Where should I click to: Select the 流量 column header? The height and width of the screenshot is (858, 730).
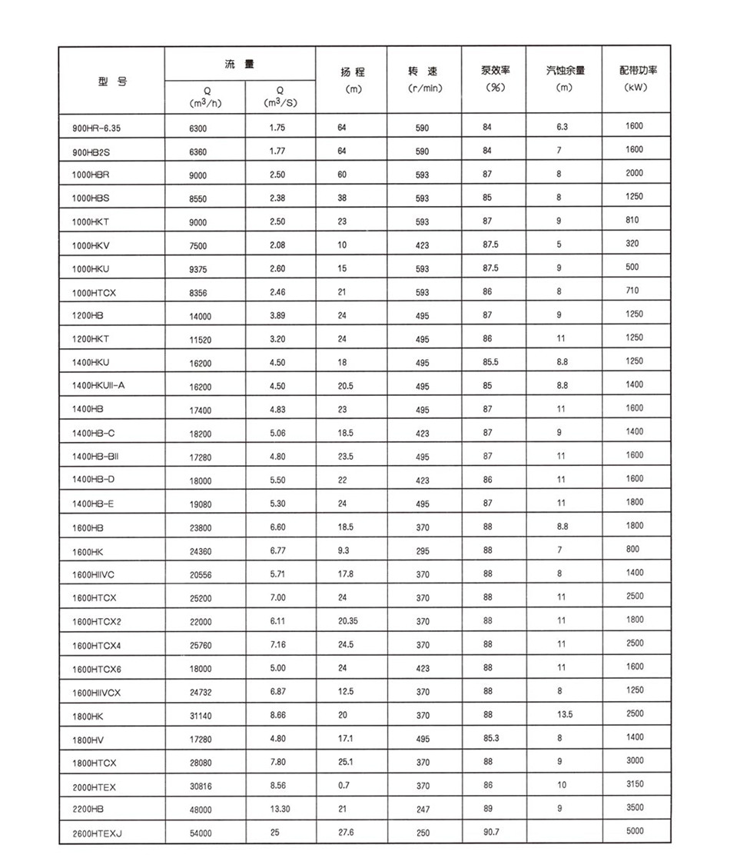coord(239,65)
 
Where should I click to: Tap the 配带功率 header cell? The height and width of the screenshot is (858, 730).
coord(637,71)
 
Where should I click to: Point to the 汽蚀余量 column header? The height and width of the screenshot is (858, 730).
coord(565,71)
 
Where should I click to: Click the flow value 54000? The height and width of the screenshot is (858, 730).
coord(201,833)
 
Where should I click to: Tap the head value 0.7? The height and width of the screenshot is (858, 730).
coord(343,785)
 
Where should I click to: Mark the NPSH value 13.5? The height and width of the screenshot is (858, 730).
coord(565,714)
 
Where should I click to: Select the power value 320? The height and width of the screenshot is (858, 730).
coord(633,244)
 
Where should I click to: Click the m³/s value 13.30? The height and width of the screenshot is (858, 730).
coord(278,809)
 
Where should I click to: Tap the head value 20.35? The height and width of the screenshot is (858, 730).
coord(348,620)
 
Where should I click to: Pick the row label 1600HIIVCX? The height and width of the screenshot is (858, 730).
coord(97,693)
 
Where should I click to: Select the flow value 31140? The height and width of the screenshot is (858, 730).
coord(201,716)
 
